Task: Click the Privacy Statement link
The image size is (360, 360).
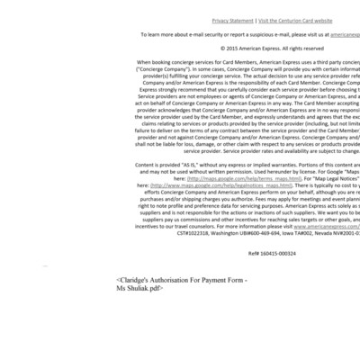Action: point(232,20)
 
